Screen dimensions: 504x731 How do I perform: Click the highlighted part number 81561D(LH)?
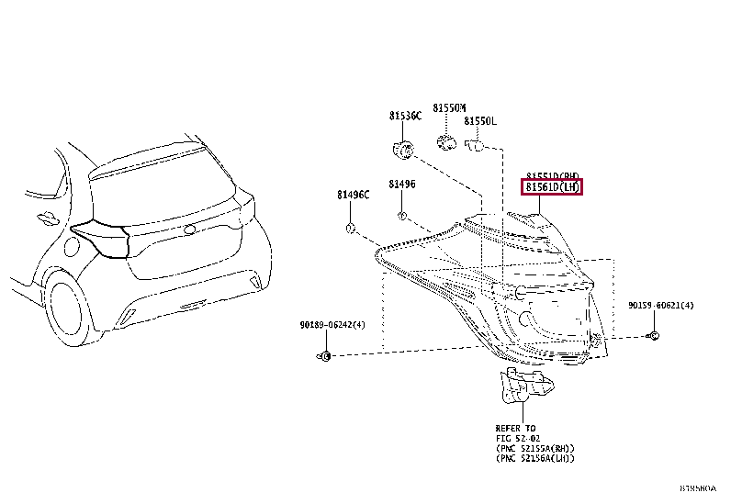coord(553,187)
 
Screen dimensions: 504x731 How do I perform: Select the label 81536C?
coord(404,116)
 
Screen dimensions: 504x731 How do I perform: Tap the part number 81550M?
coord(450,108)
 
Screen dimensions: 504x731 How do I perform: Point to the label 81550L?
coord(479,121)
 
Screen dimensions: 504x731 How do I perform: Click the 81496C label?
coord(352,195)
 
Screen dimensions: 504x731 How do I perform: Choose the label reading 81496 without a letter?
coord(401,184)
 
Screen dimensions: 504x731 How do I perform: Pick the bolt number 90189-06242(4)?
coord(332,325)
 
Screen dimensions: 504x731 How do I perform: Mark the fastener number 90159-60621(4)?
coord(660,305)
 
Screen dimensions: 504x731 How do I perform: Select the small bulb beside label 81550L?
coord(475,144)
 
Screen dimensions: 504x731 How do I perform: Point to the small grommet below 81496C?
coord(350,226)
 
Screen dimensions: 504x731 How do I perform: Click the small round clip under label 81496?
coord(401,216)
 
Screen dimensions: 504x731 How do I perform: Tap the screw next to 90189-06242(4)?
coord(323,354)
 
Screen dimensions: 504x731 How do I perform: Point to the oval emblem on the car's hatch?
coord(189,230)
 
